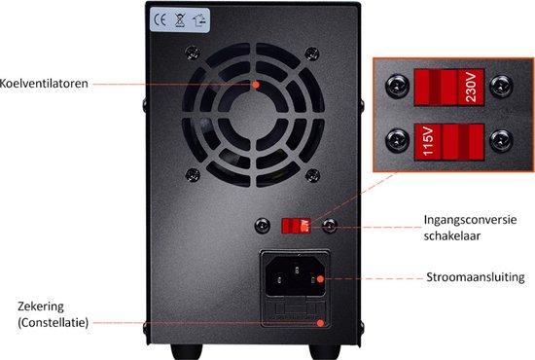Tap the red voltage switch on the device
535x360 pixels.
(x=294, y=226)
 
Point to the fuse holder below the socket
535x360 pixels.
(x=293, y=312)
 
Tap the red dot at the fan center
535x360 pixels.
(x=257, y=85)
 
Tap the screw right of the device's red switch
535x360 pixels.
(x=330, y=226)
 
